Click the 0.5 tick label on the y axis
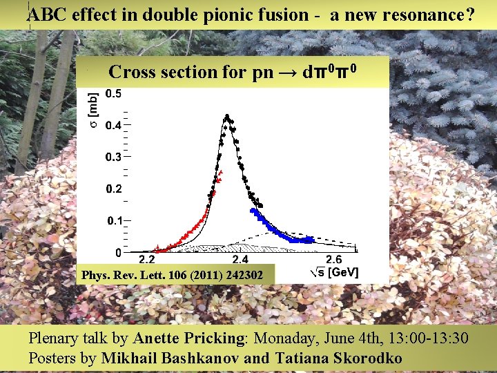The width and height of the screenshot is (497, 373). pos(114,94)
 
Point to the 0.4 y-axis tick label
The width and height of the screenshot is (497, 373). pos(114,125)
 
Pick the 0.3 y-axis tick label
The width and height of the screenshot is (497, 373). pos(114,157)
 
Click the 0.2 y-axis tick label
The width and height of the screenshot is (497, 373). pos(114,189)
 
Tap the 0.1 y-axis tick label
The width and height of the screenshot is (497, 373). pos(114,220)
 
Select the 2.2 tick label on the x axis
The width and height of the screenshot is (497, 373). pos(147,260)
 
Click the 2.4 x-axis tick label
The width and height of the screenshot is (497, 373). pos(240,260)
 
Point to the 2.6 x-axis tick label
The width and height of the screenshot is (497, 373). pos(333,260)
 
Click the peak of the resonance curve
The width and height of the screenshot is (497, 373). pos(226,118)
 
